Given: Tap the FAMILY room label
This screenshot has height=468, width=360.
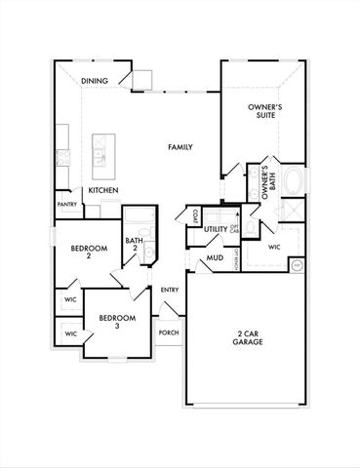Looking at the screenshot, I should click(x=180, y=147).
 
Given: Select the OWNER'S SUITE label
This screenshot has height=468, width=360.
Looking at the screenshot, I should click(x=261, y=110).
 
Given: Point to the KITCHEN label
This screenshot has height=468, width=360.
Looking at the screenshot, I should click(x=104, y=191).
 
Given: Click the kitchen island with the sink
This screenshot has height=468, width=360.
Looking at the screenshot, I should click(x=100, y=151).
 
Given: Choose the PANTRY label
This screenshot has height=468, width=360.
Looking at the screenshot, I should click(x=67, y=205).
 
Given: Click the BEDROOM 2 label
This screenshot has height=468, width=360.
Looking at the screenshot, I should click(x=87, y=253).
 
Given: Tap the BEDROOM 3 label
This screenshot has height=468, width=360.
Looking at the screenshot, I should click(x=116, y=323).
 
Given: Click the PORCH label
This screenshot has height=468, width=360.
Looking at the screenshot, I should click(x=169, y=332).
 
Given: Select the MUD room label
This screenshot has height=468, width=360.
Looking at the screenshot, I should click(x=215, y=258).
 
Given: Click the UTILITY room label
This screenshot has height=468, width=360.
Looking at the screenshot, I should click(x=216, y=229).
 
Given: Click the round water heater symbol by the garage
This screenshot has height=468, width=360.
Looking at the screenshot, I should click(x=298, y=264).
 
